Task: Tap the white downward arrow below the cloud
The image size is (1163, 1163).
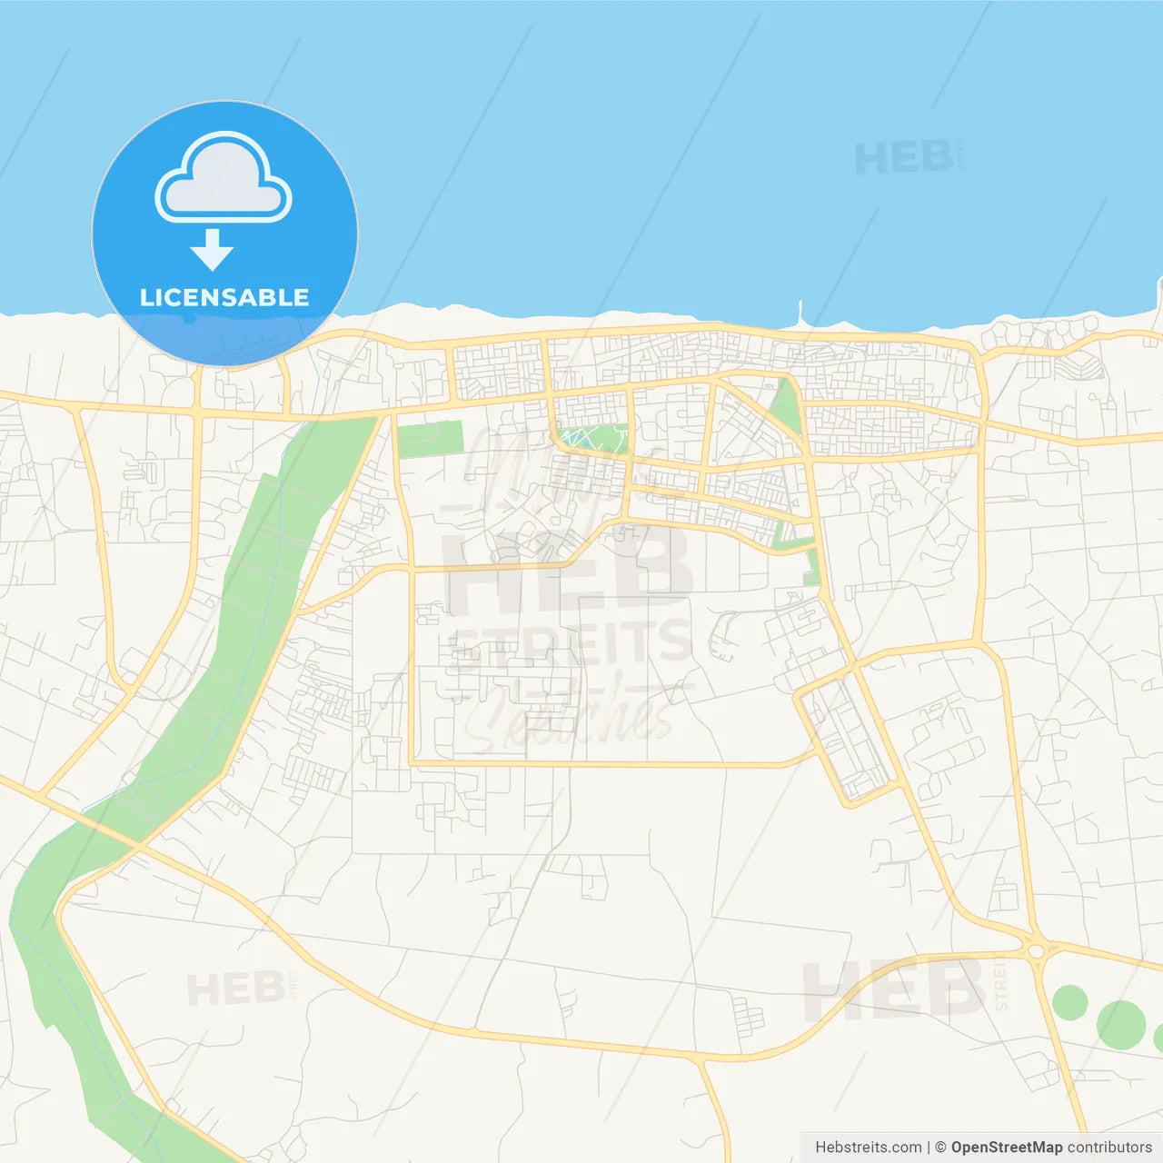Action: pyautogui.click(x=213, y=250)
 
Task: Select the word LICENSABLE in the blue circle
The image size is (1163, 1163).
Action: pyautogui.click(x=224, y=297)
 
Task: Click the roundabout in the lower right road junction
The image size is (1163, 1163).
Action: pyautogui.click(x=1036, y=950)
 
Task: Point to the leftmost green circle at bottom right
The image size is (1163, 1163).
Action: pyautogui.click(x=1069, y=1002)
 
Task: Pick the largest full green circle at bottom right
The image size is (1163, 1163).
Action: pyautogui.click(x=1120, y=1024)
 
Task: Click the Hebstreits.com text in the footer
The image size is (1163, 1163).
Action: pyautogui.click(x=868, y=1148)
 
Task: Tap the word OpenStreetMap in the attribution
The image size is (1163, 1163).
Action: pyautogui.click(x=1006, y=1148)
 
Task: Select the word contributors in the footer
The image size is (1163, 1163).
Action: pyautogui.click(x=1109, y=1148)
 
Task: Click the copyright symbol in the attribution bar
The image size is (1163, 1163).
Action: pyautogui.click(x=940, y=1148)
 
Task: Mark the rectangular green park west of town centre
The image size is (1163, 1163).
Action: pyautogui.click(x=430, y=440)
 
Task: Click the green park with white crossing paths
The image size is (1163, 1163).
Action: pyautogui.click(x=592, y=440)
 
